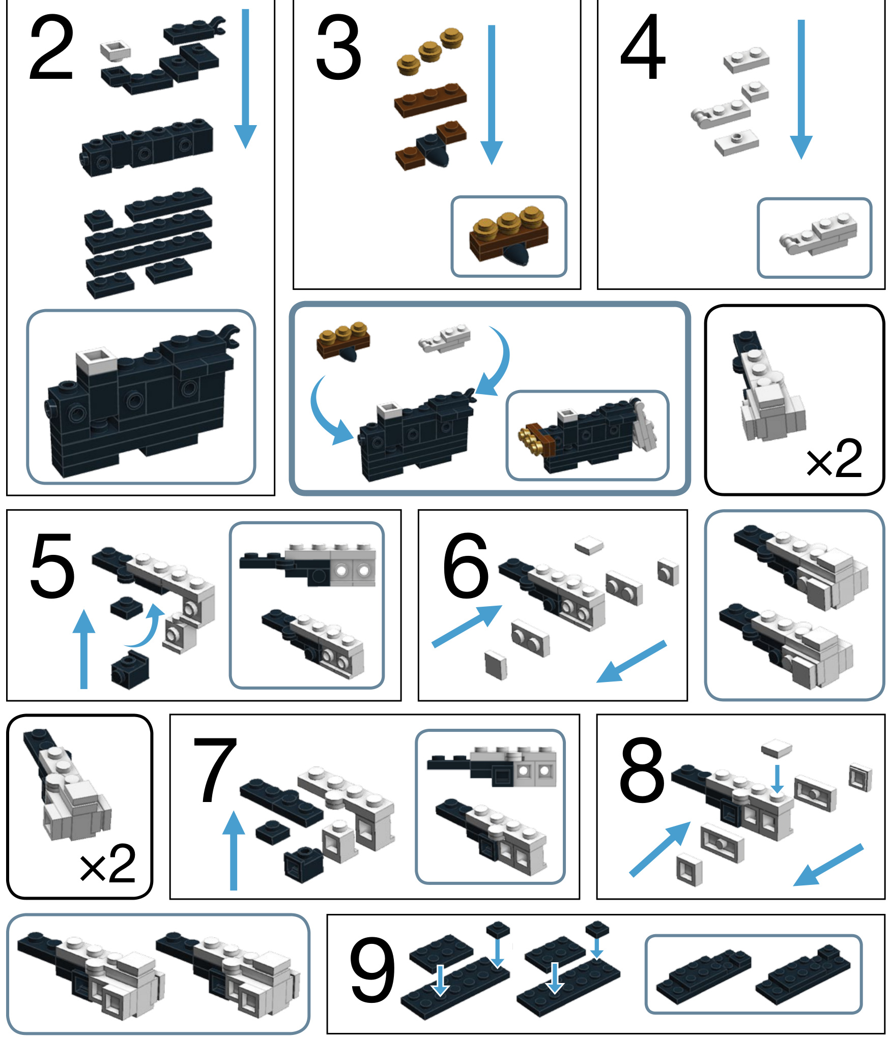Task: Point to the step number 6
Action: click(466, 565)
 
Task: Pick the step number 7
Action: click(215, 769)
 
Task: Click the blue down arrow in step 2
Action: click(245, 79)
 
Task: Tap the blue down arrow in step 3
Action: click(492, 95)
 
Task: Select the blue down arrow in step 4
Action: click(801, 90)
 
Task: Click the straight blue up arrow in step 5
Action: click(84, 649)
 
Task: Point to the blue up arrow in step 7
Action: click(234, 850)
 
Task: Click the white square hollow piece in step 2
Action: click(115, 51)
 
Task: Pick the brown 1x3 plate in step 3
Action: click(430, 100)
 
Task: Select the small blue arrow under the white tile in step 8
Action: click(777, 779)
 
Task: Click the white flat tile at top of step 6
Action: click(589, 545)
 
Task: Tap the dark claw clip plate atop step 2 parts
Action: click(194, 29)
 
